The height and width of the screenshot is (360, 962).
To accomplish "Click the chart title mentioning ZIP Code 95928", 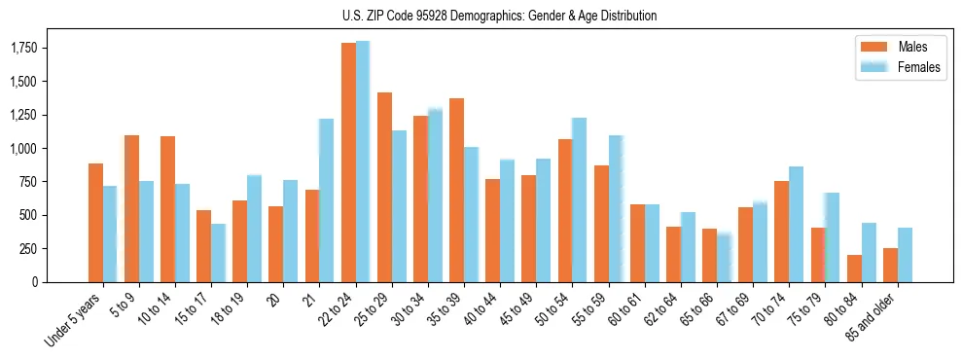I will (x=499, y=16).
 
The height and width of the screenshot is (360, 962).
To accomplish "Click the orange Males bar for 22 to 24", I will (x=348, y=162).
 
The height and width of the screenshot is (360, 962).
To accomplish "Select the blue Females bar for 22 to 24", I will (x=363, y=162).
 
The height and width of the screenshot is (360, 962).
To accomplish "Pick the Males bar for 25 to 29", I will (x=384, y=187).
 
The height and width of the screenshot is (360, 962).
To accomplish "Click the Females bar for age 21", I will (x=327, y=200).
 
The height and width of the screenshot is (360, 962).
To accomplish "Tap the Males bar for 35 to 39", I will (x=456, y=190).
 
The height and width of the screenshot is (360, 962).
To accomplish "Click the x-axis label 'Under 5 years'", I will (x=73, y=321).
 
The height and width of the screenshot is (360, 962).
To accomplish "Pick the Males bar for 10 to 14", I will (x=167, y=209).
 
